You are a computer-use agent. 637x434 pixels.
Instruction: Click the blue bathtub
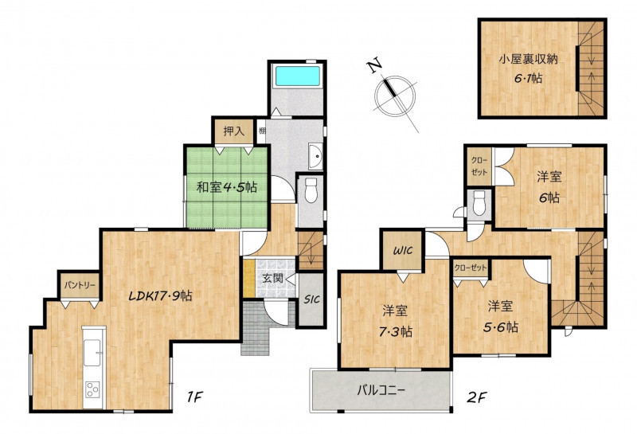point(298,76)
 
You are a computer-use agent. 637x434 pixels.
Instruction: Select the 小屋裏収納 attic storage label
point(528,60)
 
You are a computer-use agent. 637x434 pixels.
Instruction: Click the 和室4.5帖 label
point(226,187)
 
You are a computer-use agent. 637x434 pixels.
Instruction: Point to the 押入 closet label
point(233,131)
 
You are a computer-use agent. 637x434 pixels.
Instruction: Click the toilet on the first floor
point(311,190)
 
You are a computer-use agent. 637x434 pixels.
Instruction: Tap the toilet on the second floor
point(479,203)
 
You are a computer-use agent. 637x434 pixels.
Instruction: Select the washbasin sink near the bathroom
point(315,156)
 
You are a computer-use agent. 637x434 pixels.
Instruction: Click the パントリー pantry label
point(80,285)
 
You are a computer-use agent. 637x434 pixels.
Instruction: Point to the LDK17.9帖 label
point(160,295)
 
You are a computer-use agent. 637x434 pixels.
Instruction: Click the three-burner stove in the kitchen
point(92,389)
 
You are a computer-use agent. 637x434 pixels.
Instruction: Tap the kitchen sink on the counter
point(92,352)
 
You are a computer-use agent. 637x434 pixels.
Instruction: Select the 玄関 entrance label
point(272,279)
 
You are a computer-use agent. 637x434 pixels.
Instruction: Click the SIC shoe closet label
point(312,299)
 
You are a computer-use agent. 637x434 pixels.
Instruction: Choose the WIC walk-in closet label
point(403,250)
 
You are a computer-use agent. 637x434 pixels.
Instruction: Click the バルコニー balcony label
point(381,391)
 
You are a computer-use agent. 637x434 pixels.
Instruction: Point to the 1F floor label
point(194,397)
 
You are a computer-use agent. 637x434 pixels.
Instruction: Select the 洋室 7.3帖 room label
point(395,322)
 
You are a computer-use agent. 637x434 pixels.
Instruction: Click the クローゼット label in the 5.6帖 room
point(470,268)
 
